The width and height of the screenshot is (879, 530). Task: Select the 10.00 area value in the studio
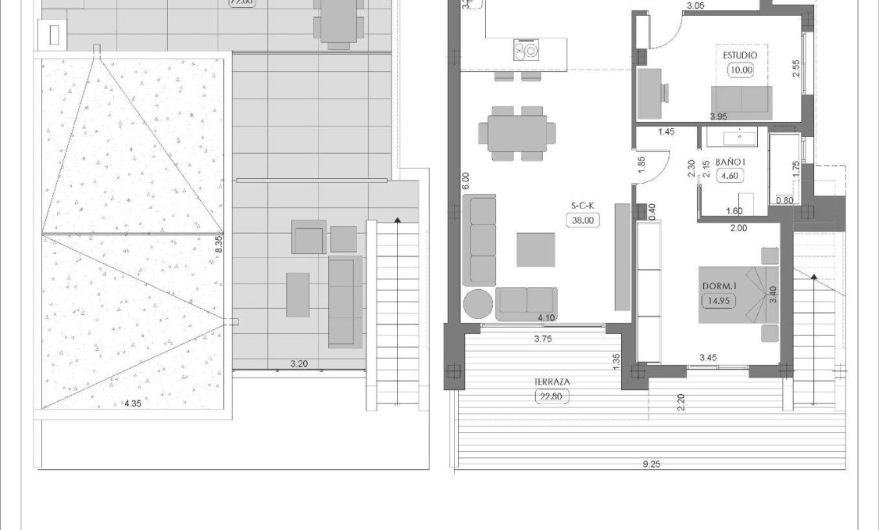pyautogui.click(x=740, y=70)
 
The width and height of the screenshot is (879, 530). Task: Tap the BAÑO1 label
pyautogui.click(x=727, y=162)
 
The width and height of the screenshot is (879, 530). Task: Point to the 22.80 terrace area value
pyautogui.click(x=552, y=396)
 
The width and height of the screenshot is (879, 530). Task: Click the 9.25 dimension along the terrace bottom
pyautogui.click(x=650, y=464)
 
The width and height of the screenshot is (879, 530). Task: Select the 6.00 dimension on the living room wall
pyautogui.click(x=466, y=182)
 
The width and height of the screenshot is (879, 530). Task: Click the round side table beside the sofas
pyautogui.click(x=478, y=303)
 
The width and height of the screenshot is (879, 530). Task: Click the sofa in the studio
pyautogui.click(x=741, y=101)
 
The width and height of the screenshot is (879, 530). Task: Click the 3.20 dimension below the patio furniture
pyautogui.click(x=298, y=363)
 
